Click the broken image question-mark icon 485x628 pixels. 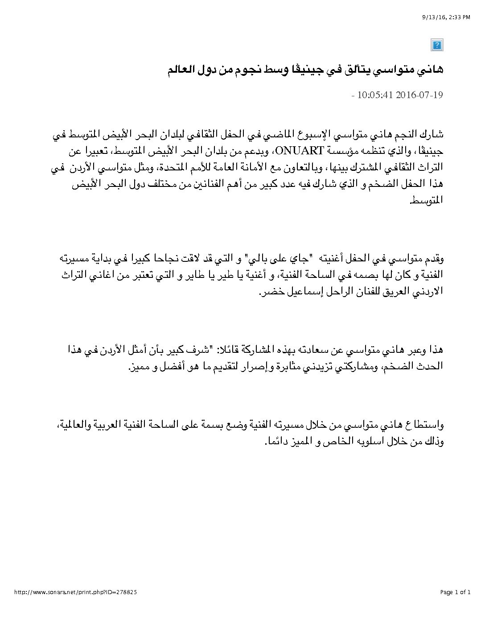437,45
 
